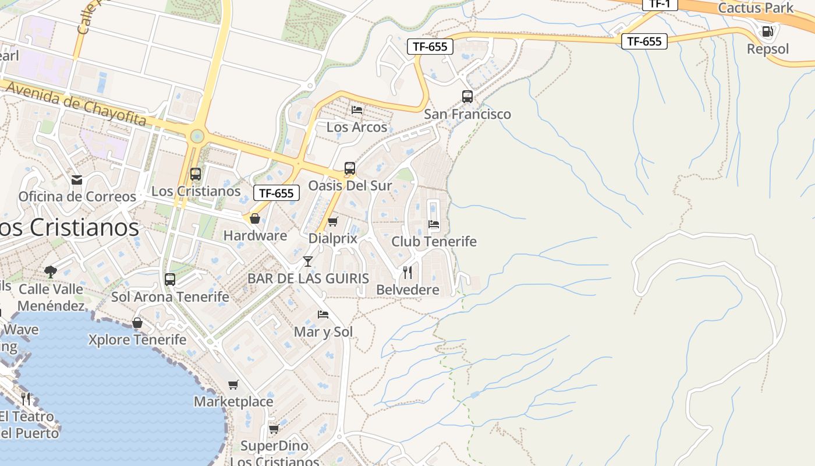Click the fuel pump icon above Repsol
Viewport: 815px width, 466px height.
tap(768, 31)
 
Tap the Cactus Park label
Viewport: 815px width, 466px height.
tap(756, 8)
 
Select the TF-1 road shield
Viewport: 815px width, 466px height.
tap(660, 3)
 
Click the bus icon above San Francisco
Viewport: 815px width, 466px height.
tap(467, 97)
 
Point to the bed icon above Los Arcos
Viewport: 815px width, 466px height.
tap(357, 110)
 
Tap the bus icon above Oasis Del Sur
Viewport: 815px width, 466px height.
tap(349, 168)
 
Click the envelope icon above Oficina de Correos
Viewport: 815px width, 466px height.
tap(77, 180)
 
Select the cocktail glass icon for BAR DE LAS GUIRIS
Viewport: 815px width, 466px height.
tap(308, 262)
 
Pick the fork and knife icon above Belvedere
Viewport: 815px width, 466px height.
tap(408, 273)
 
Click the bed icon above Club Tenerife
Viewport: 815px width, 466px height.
tap(434, 224)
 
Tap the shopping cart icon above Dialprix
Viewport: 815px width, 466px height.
tap(332, 221)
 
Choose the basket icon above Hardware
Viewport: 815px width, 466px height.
tap(254, 218)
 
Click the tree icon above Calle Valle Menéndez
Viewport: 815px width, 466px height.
tap(51, 271)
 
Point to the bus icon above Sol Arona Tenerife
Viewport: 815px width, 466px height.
tap(170, 280)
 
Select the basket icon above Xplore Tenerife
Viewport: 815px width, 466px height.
tap(137, 323)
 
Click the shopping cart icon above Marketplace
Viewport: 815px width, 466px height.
tap(233, 384)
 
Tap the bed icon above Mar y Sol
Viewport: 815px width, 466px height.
tap(323, 315)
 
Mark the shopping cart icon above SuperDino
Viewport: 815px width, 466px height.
tap(274, 429)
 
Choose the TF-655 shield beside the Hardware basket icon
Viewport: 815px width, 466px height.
tap(277, 193)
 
